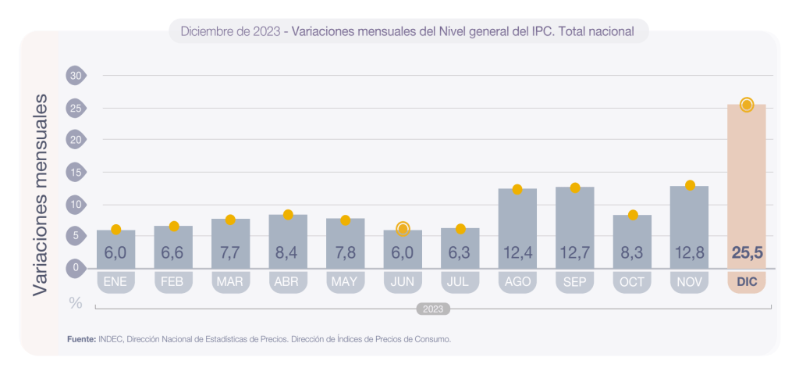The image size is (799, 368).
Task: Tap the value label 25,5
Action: point(746,252)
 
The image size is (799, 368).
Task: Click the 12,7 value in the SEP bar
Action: point(574,252)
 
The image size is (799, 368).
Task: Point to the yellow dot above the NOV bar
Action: point(690,185)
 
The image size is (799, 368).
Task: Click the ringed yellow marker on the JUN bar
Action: point(403,229)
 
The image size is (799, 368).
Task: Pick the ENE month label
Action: point(115,281)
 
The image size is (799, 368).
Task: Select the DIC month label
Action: point(746,281)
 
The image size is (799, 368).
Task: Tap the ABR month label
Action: point(288,281)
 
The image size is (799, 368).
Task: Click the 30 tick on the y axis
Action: point(76,76)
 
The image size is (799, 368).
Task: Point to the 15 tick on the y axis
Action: point(76,172)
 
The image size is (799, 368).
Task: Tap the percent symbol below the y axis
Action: point(76,303)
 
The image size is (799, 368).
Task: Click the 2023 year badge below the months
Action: point(433,309)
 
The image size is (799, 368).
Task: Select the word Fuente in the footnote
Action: point(81,339)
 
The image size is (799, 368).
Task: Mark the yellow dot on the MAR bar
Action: point(230,220)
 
